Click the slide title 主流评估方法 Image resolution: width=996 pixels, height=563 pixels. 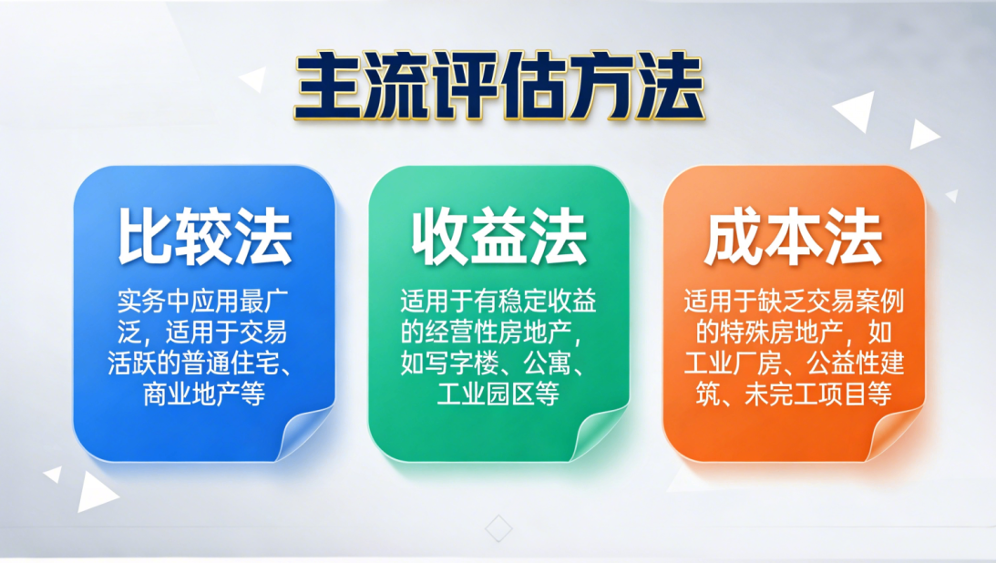point(499,86)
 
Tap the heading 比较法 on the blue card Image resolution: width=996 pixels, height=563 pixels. point(205,238)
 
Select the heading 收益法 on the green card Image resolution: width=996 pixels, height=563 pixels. point(498,238)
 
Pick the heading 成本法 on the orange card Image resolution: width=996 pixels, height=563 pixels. point(794,238)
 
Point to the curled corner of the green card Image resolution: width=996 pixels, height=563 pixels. point(599,434)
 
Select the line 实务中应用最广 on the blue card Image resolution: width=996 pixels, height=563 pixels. point(204,301)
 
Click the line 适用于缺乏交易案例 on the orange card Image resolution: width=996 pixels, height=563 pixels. point(793,301)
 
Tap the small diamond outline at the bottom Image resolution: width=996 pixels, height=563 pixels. point(498,527)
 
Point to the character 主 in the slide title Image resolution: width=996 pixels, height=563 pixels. point(328,86)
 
